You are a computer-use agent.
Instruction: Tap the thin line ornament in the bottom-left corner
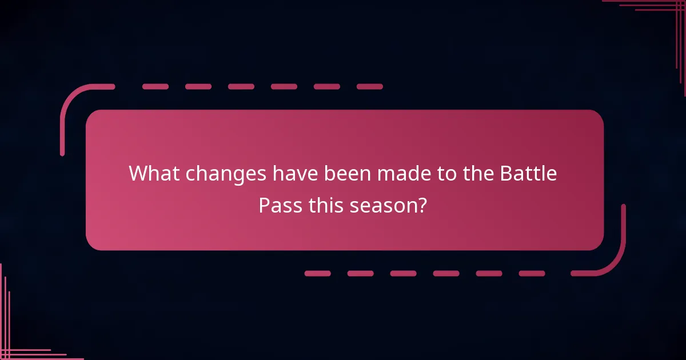pyautogui.click(x=17, y=343)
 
